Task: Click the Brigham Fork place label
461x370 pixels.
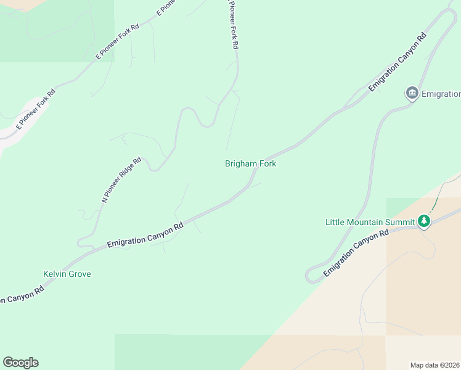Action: [x=250, y=164]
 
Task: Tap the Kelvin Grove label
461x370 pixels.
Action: [x=67, y=274]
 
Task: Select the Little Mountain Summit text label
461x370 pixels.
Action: [x=370, y=222]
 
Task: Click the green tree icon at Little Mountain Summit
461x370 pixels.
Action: [x=423, y=221]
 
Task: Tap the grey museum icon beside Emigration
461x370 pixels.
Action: [x=412, y=94]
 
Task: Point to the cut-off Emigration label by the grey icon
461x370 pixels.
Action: [x=441, y=94]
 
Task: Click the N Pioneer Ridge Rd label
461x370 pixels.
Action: [x=121, y=179]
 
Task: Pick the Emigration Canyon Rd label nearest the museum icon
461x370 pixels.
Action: [x=398, y=62]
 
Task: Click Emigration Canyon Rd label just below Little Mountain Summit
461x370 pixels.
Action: [x=356, y=253]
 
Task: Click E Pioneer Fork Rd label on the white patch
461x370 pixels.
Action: [x=36, y=109]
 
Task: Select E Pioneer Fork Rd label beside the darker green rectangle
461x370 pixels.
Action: [x=118, y=41]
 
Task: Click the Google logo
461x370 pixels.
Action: [x=20, y=363]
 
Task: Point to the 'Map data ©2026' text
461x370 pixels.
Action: [x=435, y=364]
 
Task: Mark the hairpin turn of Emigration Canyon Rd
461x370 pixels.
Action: [x=311, y=275]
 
